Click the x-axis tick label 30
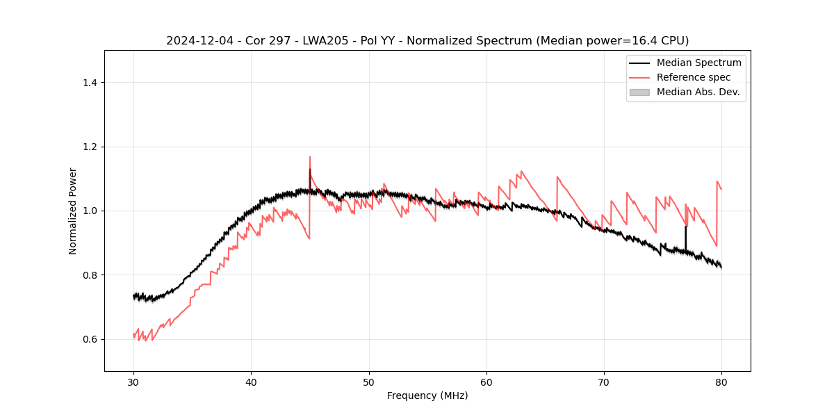(133, 382)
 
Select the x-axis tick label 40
(251, 382)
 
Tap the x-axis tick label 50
(369, 382)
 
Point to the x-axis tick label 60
(486, 382)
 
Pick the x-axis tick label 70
(604, 382)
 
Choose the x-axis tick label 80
(721, 382)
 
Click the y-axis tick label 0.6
(89, 339)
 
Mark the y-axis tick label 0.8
(89, 275)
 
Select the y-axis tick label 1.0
(89, 211)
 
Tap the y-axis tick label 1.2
(89, 147)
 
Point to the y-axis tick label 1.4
(89, 83)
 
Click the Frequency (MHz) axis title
(427, 395)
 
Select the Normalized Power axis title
(73, 211)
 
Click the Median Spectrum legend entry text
(698, 63)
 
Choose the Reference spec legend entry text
(694, 77)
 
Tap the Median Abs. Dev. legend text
(698, 92)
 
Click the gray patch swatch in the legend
(639, 92)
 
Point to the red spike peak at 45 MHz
(310, 157)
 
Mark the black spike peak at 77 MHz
(685, 227)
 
